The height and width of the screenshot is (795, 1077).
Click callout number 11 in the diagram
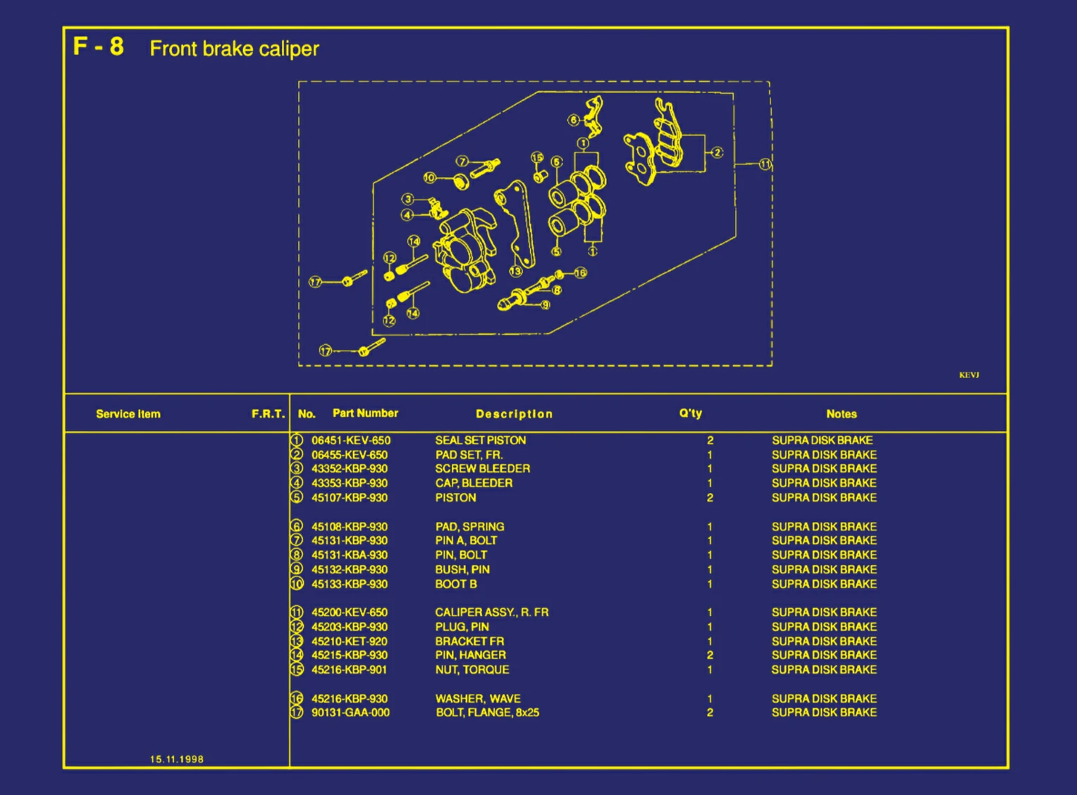pos(765,164)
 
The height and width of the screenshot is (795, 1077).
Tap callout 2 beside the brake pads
pos(717,152)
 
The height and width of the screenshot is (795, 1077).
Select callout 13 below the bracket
pos(515,271)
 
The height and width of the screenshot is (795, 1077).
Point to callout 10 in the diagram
pos(429,178)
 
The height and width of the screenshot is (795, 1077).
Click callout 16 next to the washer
pos(580,272)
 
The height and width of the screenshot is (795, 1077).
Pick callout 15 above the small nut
pos(537,157)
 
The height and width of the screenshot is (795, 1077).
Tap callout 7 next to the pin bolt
pos(462,162)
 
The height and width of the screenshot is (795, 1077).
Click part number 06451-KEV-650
pos(350,440)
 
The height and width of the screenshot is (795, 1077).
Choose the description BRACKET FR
pos(469,641)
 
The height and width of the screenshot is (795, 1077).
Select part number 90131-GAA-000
pos(350,712)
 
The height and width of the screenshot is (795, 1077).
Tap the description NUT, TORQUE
pos(472,669)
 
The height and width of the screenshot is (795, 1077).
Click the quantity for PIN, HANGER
pos(710,655)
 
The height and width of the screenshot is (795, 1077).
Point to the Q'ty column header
pos(690,413)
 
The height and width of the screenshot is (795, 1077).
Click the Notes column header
pos(841,414)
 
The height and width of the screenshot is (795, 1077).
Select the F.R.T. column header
pos(268,414)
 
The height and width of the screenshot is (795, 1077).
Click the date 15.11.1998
pos(176,759)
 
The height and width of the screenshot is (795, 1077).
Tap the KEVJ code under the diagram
pos(968,375)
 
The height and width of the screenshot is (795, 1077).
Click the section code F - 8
pos(99,47)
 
